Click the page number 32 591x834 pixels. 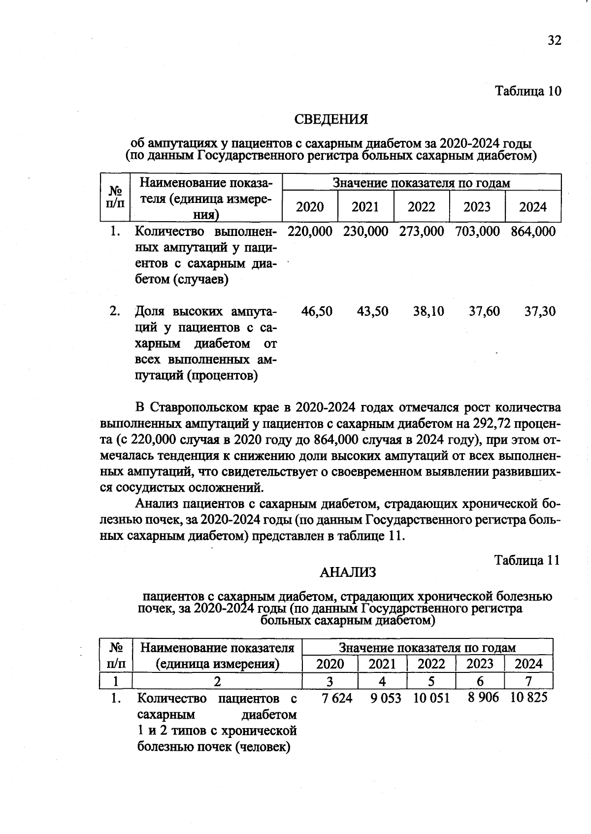[x=554, y=41]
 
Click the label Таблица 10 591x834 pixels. [x=528, y=92]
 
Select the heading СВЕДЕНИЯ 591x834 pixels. [x=331, y=120]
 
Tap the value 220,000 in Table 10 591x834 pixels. [x=310, y=232]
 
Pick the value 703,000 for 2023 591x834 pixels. [x=477, y=232]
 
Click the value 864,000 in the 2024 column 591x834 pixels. [x=533, y=232]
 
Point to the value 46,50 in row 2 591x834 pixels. [x=317, y=311]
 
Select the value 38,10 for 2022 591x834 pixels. [x=428, y=311]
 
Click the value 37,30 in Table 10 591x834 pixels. [x=540, y=311]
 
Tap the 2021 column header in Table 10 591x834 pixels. [x=365, y=207]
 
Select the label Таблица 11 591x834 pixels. [x=527, y=561]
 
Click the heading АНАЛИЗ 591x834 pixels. [x=348, y=572]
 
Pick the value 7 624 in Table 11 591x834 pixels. [x=337, y=698]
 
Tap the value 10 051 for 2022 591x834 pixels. [x=431, y=698]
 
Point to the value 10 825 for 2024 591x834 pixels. [x=529, y=698]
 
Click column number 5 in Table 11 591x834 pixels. [x=431, y=681]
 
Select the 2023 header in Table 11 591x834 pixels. [x=480, y=664]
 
